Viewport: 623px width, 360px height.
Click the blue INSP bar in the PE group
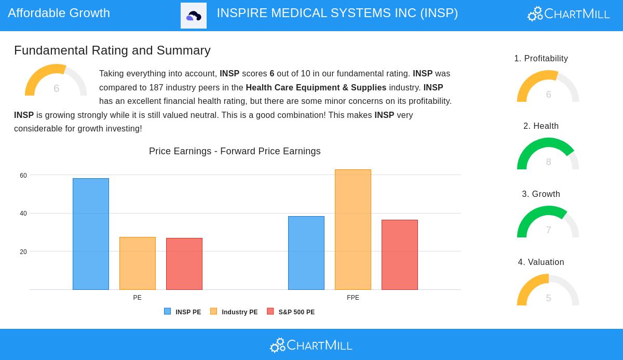click(91, 234)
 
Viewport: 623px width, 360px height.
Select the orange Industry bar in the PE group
click(138, 263)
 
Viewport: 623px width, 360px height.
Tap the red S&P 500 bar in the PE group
click(184, 264)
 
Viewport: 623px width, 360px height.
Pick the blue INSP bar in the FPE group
click(306, 253)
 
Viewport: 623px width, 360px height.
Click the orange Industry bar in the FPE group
click(353, 230)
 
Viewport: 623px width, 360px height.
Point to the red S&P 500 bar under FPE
click(400, 255)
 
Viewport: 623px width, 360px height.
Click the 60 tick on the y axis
click(23, 176)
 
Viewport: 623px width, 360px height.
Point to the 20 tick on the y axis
click(23, 252)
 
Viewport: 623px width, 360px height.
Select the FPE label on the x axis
click(353, 298)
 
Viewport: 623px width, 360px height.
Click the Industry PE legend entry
click(234, 312)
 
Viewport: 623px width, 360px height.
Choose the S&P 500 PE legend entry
click(291, 312)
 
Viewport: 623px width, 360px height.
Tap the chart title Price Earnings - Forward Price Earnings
click(235, 151)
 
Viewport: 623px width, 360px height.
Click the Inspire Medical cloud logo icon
click(194, 16)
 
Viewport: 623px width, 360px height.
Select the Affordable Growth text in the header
click(59, 13)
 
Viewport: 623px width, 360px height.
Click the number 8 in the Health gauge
click(548, 162)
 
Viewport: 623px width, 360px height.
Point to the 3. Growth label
click(541, 194)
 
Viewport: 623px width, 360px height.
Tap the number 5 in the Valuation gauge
click(548, 298)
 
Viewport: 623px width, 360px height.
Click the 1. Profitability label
click(541, 58)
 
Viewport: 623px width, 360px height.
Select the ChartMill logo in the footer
click(311, 345)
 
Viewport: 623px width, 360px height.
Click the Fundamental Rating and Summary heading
click(112, 50)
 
